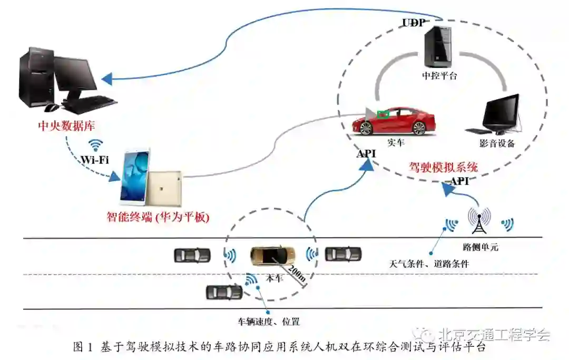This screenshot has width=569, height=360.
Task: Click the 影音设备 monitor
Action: [501, 113]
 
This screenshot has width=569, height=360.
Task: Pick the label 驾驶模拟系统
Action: [443, 168]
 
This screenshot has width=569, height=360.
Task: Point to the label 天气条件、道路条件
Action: [428, 264]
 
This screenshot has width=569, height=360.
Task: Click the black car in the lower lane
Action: [224, 291]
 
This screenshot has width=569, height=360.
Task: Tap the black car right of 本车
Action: [343, 254]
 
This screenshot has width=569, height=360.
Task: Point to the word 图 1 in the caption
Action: [83, 347]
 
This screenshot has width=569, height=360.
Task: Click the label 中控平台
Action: [439, 75]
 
